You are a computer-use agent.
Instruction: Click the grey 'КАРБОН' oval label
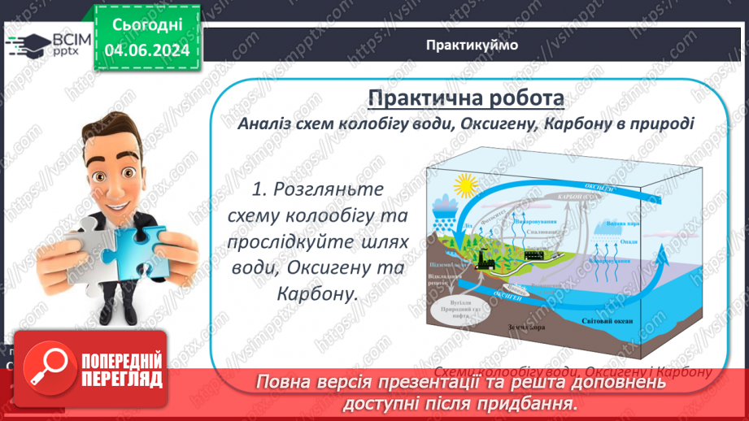click(572, 197)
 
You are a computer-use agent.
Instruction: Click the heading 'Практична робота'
click(466, 98)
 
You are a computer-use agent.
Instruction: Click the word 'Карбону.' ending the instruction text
click(317, 294)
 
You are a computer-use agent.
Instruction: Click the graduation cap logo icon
click(27, 45)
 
